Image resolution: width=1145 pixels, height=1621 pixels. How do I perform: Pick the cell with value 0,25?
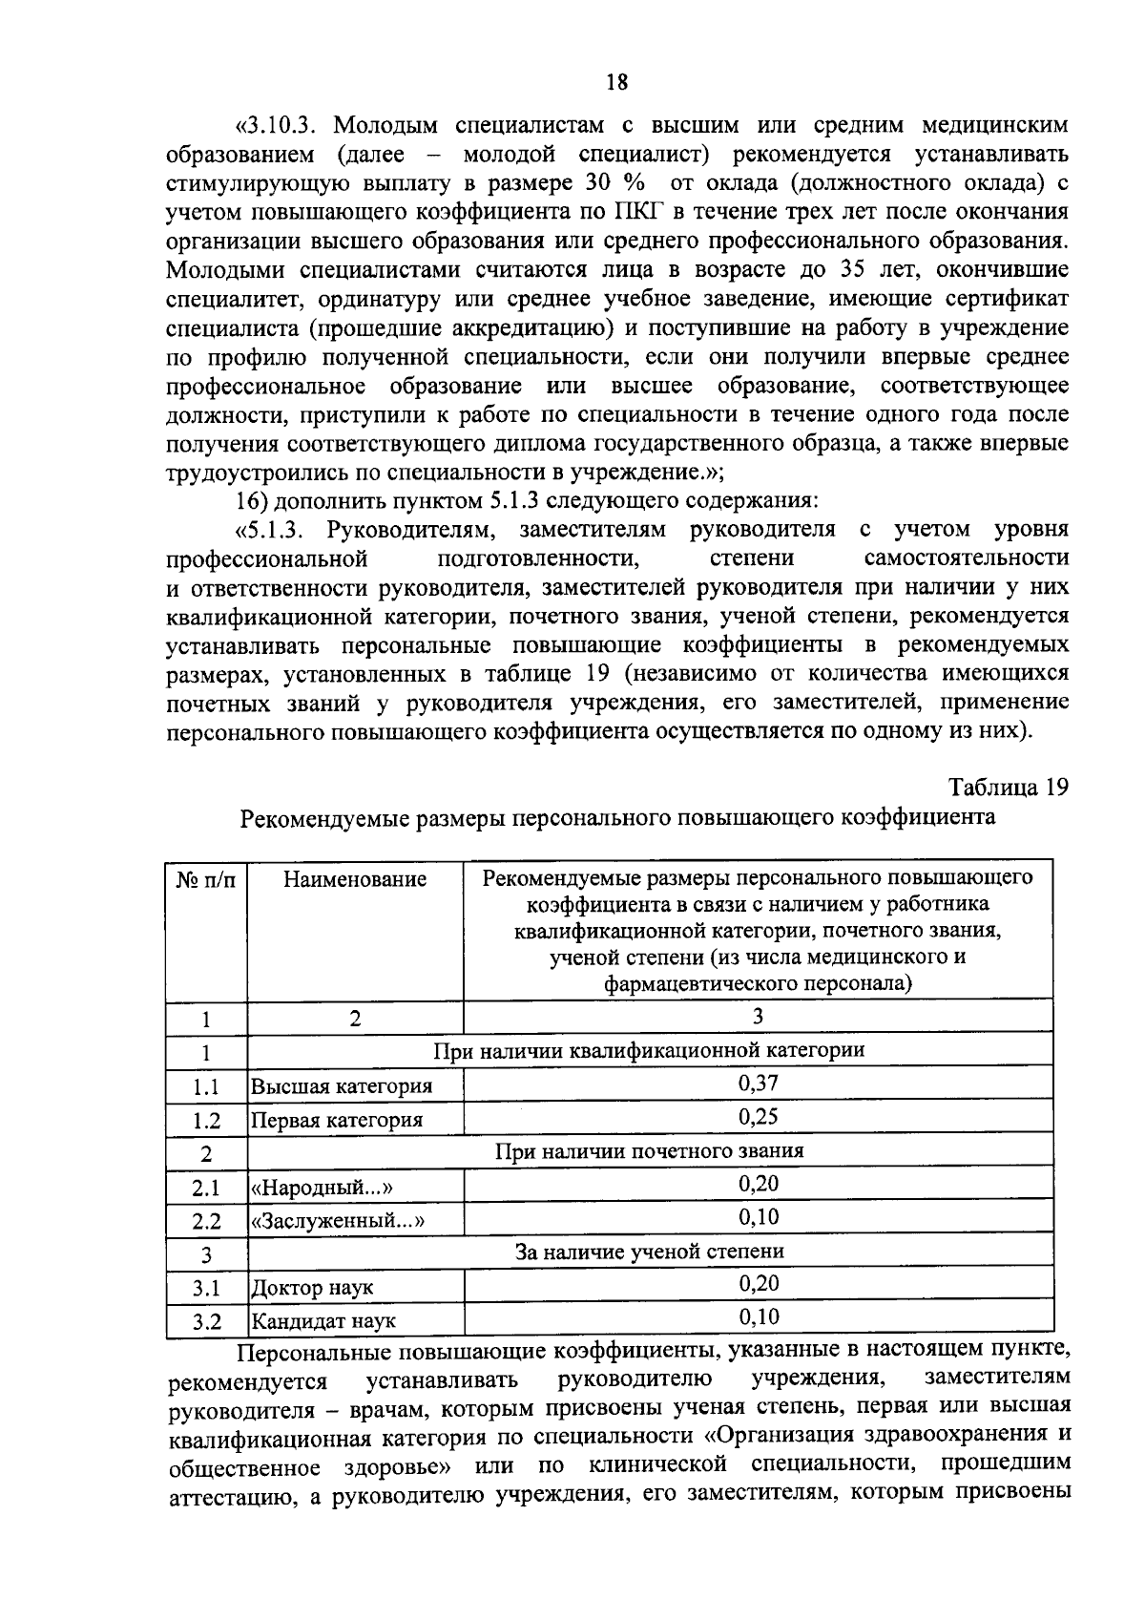click(x=758, y=1116)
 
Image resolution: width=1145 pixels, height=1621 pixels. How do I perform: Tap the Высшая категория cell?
click(x=341, y=1086)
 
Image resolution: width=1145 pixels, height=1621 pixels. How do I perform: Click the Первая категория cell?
click(x=336, y=1120)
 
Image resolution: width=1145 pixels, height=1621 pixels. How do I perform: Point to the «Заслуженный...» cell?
click(x=336, y=1221)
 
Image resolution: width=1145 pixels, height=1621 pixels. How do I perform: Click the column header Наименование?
click(x=354, y=879)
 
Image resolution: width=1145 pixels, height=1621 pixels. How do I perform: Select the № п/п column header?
click(x=205, y=879)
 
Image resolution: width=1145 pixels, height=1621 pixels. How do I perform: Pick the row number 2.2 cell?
click(x=205, y=1221)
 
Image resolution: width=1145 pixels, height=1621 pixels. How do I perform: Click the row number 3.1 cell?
click(x=205, y=1288)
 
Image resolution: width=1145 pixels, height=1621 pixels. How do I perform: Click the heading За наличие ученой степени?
click(x=649, y=1251)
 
